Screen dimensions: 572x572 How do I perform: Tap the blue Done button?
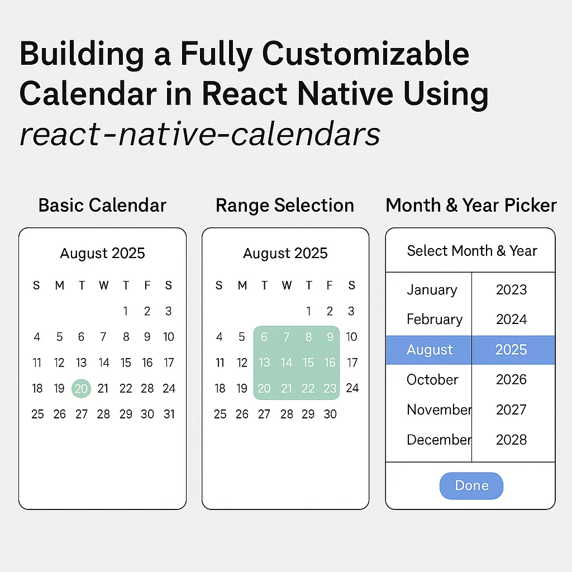point(471,485)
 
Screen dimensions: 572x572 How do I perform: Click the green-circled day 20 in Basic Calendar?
point(82,388)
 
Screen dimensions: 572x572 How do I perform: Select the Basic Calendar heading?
point(102,205)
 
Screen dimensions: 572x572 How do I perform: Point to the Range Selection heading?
point(285,205)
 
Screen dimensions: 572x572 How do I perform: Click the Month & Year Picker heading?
point(471,205)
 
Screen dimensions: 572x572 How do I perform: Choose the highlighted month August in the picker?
point(429,350)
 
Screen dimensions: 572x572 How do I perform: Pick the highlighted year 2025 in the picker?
point(511,350)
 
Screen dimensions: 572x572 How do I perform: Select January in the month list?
point(432,289)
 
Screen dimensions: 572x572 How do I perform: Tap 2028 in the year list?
point(511,440)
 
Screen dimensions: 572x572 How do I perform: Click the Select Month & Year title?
point(471,251)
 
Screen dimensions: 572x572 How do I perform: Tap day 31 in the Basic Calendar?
point(169,414)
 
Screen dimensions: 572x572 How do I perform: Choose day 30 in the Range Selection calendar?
point(330,414)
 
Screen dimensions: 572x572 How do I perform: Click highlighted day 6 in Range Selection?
point(264,337)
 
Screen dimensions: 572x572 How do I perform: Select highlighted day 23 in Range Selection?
point(330,388)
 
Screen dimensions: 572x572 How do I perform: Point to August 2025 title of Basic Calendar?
point(102,253)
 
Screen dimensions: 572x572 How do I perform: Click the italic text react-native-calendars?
point(200,134)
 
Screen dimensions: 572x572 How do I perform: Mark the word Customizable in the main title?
point(366,54)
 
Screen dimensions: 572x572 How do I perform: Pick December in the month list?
point(438,440)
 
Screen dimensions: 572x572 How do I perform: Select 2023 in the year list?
point(511,289)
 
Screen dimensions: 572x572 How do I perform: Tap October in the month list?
point(432,380)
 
